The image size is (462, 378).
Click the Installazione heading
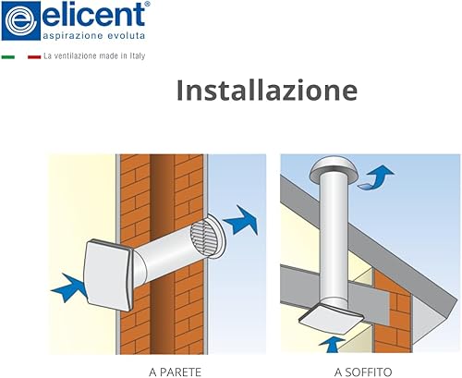[x=267, y=90]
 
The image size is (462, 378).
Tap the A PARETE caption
[x=175, y=372]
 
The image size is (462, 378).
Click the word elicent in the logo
[x=93, y=15]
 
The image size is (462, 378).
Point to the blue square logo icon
[x=21, y=21]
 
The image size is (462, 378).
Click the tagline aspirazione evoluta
[x=94, y=35]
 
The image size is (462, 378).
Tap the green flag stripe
[x=8, y=57]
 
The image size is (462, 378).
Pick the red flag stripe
[x=34, y=57]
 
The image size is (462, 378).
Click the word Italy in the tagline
[x=138, y=56]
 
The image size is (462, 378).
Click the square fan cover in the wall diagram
[x=108, y=274]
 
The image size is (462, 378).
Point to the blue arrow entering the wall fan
[x=69, y=287]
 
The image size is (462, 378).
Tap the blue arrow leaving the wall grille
[x=241, y=220]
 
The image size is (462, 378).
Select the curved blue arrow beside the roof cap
[x=376, y=177]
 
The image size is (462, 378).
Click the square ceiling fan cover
[x=329, y=318]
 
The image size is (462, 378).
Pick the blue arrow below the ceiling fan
[x=332, y=345]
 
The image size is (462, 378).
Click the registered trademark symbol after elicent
[x=147, y=4]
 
